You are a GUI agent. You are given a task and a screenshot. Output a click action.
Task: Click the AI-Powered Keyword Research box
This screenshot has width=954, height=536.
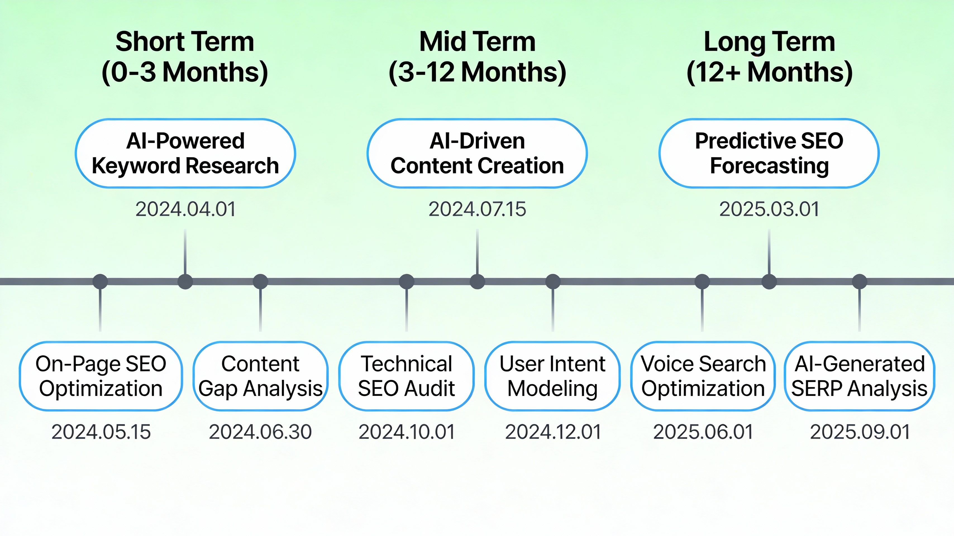click(x=185, y=153)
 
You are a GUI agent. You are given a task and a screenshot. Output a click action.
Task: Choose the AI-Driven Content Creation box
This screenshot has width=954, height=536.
click(x=477, y=153)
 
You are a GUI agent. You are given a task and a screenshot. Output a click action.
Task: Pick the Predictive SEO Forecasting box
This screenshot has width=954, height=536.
click(x=769, y=153)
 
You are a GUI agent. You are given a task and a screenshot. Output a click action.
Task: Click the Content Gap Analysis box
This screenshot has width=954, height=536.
click(x=260, y=376)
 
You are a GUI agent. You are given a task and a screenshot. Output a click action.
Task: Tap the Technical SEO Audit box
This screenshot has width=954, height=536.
click(x=406, y=376)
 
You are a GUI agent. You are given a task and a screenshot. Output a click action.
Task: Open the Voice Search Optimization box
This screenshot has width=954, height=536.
click(x=703, y=376)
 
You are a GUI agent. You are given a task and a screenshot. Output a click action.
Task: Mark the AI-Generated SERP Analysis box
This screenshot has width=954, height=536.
click(x=859, y=376)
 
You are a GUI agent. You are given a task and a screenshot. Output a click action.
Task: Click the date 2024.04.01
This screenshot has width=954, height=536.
click(x=185, y=209)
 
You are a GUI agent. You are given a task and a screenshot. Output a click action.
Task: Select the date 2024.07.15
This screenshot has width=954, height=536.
click(x=477, y=209)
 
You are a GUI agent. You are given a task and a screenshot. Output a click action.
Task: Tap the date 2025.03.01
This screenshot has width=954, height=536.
click(x=769, y=209)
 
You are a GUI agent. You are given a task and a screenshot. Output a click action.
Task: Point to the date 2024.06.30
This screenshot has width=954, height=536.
click(x=260, y=432)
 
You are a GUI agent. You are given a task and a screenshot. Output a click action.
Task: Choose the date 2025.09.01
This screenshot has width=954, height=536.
click(x=860, y=432)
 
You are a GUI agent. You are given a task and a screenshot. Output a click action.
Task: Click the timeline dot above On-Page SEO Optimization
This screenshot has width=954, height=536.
click(x=100, y=282)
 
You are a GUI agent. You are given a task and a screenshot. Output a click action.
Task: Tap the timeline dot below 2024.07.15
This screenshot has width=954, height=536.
click(x=477, y=282)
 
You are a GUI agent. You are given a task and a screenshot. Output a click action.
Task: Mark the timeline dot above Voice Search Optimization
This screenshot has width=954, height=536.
click(x=702, y=282)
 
